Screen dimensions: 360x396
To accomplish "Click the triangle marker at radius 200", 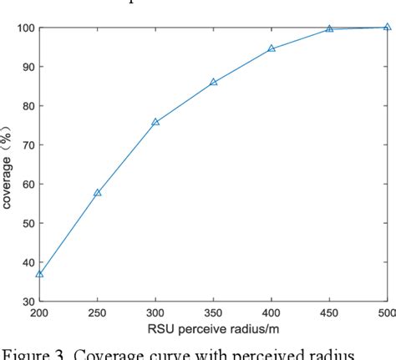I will coord(39,274).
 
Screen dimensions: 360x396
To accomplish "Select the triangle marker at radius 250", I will coord(97,193).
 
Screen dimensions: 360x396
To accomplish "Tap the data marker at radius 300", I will coord(155,122).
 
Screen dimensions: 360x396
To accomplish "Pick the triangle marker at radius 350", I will coord(214,82).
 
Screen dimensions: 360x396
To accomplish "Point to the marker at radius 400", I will coord(272,48).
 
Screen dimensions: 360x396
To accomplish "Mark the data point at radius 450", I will coord(329,29).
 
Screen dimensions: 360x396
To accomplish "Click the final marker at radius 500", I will coord(387,27).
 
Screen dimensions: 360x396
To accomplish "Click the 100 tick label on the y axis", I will coord(24,28).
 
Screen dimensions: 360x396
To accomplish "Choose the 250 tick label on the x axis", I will coord(97,313).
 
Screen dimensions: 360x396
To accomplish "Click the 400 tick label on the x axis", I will coord(272,313).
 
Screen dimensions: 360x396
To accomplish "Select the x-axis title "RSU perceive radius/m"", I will coord(213,329).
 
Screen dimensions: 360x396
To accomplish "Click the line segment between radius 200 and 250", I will coord(69,233).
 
